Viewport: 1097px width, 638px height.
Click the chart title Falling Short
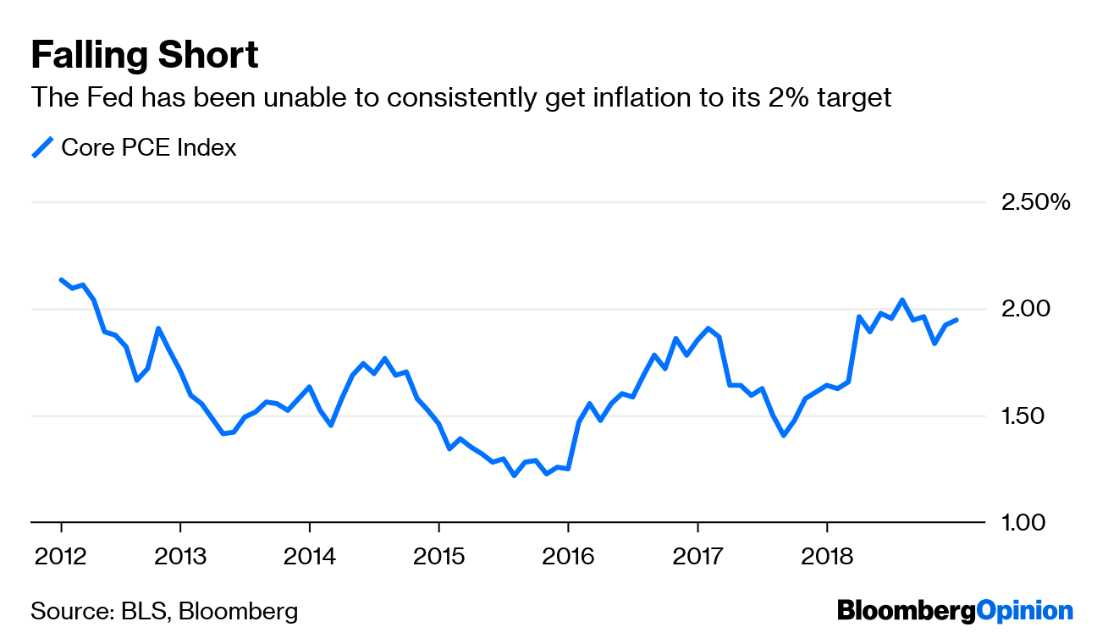(x=145, y=56)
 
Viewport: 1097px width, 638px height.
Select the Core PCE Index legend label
(x=149, y=147)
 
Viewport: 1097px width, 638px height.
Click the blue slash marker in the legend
(x=42, y=147)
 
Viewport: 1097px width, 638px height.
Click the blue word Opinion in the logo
(x=1025, y=610)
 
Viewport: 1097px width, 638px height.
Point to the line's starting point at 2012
(x=61, y=279)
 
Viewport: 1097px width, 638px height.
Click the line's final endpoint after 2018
(x=956, y=320)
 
